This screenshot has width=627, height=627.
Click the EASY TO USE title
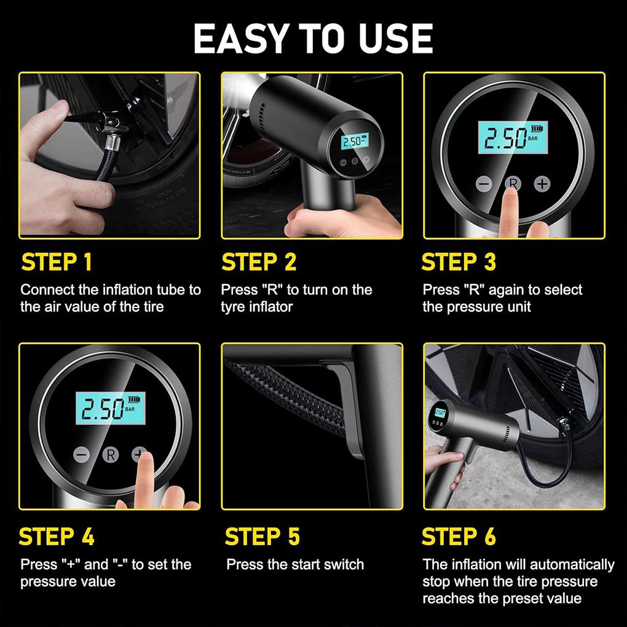pyautogui.click(x=313, y=38)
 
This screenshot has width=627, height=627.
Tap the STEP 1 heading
pyautogui.click(x=57, y=262)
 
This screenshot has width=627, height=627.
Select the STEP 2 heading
pyautogui.click(x=259, y=262)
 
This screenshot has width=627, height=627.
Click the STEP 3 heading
pyautogui.click(x=459, y=262)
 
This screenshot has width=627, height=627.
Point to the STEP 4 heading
pyautogui.click(x=57, y=537)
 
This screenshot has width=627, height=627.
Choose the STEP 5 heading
pyautogui.click(x=262, y=537)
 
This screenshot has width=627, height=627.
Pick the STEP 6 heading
pyautogui.click(x=459, y=537)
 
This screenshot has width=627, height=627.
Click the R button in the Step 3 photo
pyautogui.click(x=512, y=183)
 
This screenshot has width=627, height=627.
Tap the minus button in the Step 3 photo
pyautogui.click(x=484, y=184)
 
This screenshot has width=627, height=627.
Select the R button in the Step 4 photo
pyautogui.click(x=111, y=455)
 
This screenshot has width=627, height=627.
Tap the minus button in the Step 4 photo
pyautogui.click(x=82, y=455)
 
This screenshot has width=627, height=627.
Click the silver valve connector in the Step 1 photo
pyautogui.click(x=112, y=144)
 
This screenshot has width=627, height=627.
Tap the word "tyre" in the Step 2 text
pyautogui.click(x=233, y=306)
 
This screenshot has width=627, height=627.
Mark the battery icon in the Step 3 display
pyautogui.click(x=538, y=130)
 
